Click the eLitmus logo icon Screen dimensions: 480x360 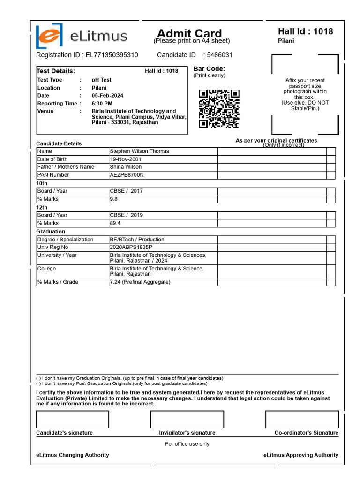tap(48, 36)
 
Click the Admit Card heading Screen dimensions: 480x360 tap(189, 33)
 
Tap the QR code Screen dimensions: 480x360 tap(219, 108)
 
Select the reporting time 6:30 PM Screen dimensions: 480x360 tap(102, 104)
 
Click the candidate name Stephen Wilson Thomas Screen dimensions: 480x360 tap(139, 151)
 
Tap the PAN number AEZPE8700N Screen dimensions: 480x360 tap(127, 175)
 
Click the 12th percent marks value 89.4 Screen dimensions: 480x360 tap(115, 223)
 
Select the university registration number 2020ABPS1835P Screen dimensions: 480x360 tap(131, 247)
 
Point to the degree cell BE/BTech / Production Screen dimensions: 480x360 tap(137, 240)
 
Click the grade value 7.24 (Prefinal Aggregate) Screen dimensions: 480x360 tap(140, 282)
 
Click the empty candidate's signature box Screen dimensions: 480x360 tap(73, 420)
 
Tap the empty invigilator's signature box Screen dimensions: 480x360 tap(187, 420)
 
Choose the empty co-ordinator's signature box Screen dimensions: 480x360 tap(302, 420)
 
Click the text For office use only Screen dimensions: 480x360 tap(187, 444)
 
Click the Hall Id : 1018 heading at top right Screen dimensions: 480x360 tap(305, 31)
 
